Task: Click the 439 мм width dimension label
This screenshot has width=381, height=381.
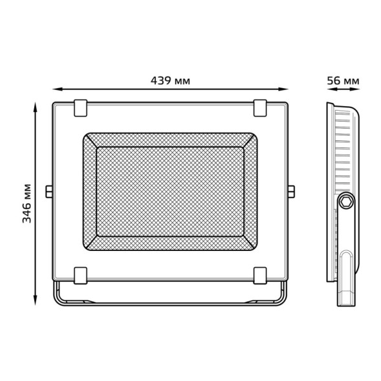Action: coord(170,81)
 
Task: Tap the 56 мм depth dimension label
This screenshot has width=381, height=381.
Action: coord(343,81)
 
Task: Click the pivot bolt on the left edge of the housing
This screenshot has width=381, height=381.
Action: coord(49,191)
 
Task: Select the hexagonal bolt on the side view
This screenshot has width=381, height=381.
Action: coord(347,202)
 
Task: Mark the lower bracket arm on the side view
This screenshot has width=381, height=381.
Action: coord(347,278)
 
